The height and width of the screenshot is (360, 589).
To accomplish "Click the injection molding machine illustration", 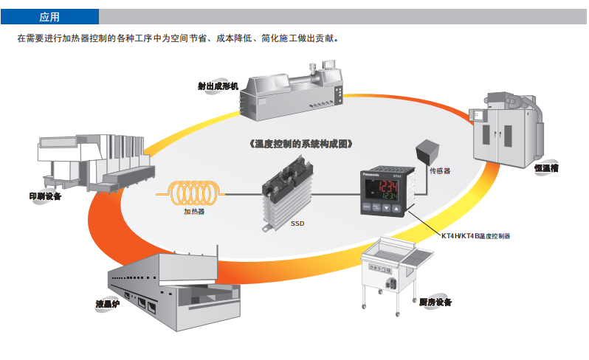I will pos(292,91).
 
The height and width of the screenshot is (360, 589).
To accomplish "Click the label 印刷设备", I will pos(45,196).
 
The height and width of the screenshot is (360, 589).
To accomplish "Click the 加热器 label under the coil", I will pos(194,211).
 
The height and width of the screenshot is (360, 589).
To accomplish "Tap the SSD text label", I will pos(297,222).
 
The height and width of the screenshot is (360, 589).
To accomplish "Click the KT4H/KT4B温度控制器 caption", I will pos(476,237).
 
